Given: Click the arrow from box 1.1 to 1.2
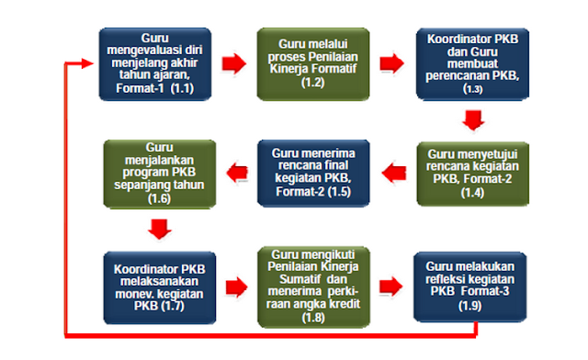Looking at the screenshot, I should (234, 63).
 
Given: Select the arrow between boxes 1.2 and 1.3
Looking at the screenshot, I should (391, 63).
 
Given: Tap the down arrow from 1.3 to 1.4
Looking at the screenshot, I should (472, 119).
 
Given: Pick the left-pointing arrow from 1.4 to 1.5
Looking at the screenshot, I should (393, 169).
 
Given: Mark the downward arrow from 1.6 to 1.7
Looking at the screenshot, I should (159, 227).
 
